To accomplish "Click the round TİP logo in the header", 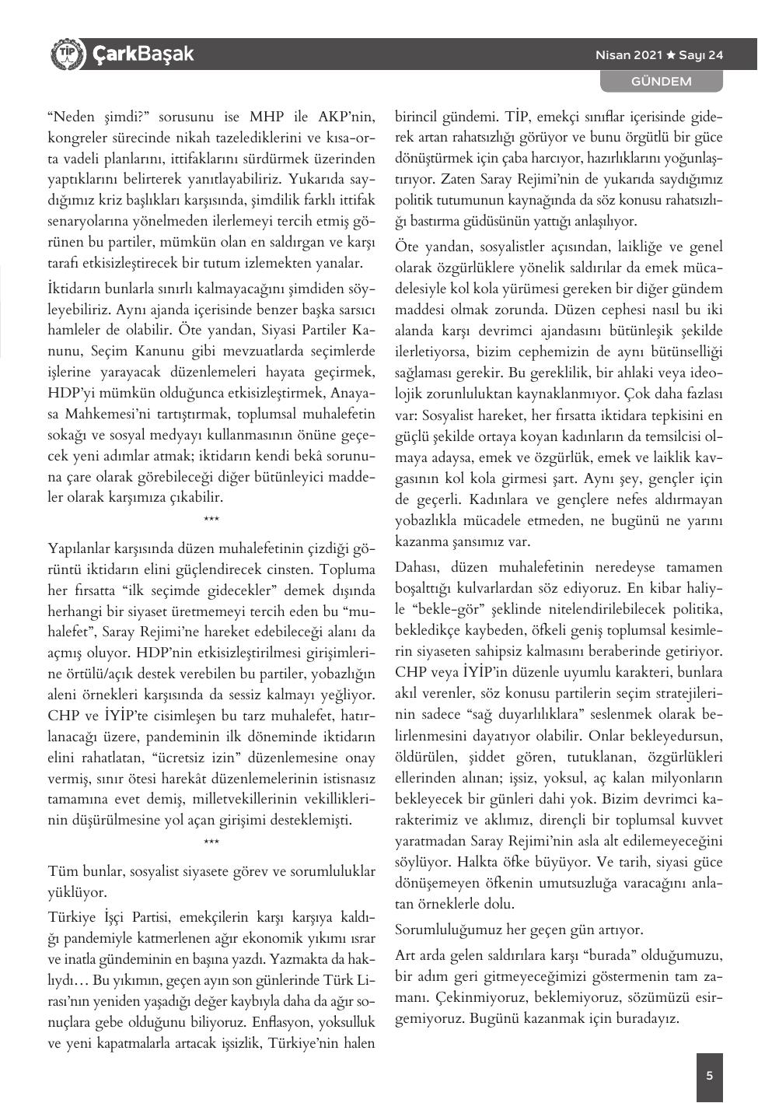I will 65,54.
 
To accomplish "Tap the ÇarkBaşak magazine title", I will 143,54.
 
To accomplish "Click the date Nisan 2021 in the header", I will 628,55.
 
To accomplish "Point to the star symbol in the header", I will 670,55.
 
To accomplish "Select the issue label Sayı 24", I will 701,55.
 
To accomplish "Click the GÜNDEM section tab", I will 661,81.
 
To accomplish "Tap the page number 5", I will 709,1076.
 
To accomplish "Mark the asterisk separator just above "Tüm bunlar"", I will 211,842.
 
